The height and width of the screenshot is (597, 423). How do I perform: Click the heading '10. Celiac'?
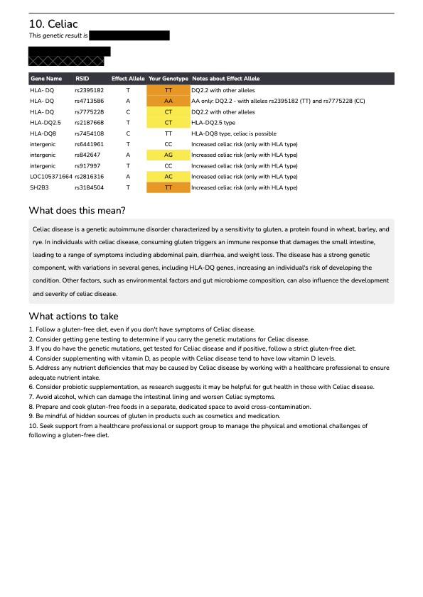tap(53, 24)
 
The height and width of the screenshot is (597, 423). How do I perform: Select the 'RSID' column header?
tap(82, 78)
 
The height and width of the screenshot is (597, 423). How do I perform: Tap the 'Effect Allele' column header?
tap(128, 78)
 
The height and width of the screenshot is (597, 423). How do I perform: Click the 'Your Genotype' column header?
tap(168, 78)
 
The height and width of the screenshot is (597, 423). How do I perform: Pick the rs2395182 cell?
tap(90, 91)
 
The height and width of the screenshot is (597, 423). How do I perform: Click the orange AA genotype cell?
tap(168, 102)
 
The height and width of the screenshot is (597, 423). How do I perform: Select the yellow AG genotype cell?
tap(168, 155)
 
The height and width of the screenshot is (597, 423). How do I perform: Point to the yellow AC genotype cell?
tap(168, 176)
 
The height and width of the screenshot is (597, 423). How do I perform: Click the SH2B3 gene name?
tap(39, 187)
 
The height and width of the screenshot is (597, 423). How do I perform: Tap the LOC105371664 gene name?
tap(50, 176)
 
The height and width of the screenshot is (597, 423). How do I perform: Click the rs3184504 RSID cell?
tap(90, 187)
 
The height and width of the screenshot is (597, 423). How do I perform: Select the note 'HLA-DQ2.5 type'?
tap(213, 123)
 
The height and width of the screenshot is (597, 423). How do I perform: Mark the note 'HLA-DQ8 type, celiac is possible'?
tap(234, 133)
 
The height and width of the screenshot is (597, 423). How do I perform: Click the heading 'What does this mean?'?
tap(77, 210)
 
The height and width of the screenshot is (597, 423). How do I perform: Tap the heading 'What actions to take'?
tap(73, 316)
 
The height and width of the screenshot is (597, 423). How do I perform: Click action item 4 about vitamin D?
tap(164, 358)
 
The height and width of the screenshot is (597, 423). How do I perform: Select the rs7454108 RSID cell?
tap(90, 133)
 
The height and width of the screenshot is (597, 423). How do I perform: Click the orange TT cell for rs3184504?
tap(168, 187)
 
